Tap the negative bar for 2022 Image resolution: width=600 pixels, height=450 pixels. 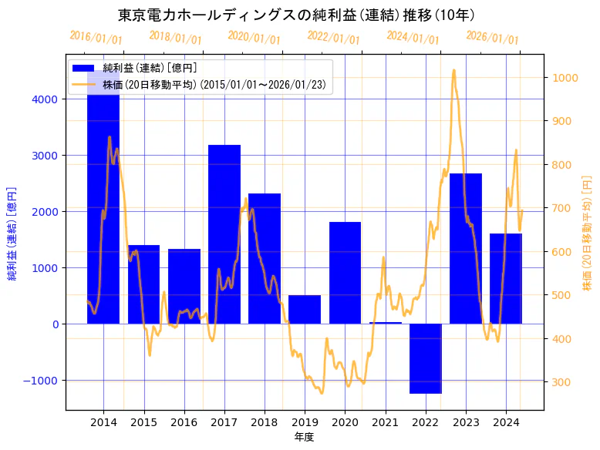(x=426, y=358)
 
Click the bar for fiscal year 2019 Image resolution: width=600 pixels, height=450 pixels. (x=305, y=309)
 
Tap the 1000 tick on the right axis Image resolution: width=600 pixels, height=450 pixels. (x=564, y=78)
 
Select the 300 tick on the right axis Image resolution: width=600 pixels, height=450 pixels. (x=561, y=382)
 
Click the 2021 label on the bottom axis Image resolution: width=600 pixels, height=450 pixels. (x=385, y=421)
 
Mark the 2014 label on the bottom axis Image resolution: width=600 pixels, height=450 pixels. (x=103, y=421)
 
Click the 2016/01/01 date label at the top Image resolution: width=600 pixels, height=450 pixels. (x=96, y=38)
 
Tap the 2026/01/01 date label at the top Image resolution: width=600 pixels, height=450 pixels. (x=492, y=38)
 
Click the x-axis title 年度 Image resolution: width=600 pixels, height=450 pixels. (x=304, y=437)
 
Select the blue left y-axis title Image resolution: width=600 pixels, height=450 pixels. (x=12, y=233)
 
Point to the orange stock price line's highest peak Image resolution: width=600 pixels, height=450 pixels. (x=453, y=70)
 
